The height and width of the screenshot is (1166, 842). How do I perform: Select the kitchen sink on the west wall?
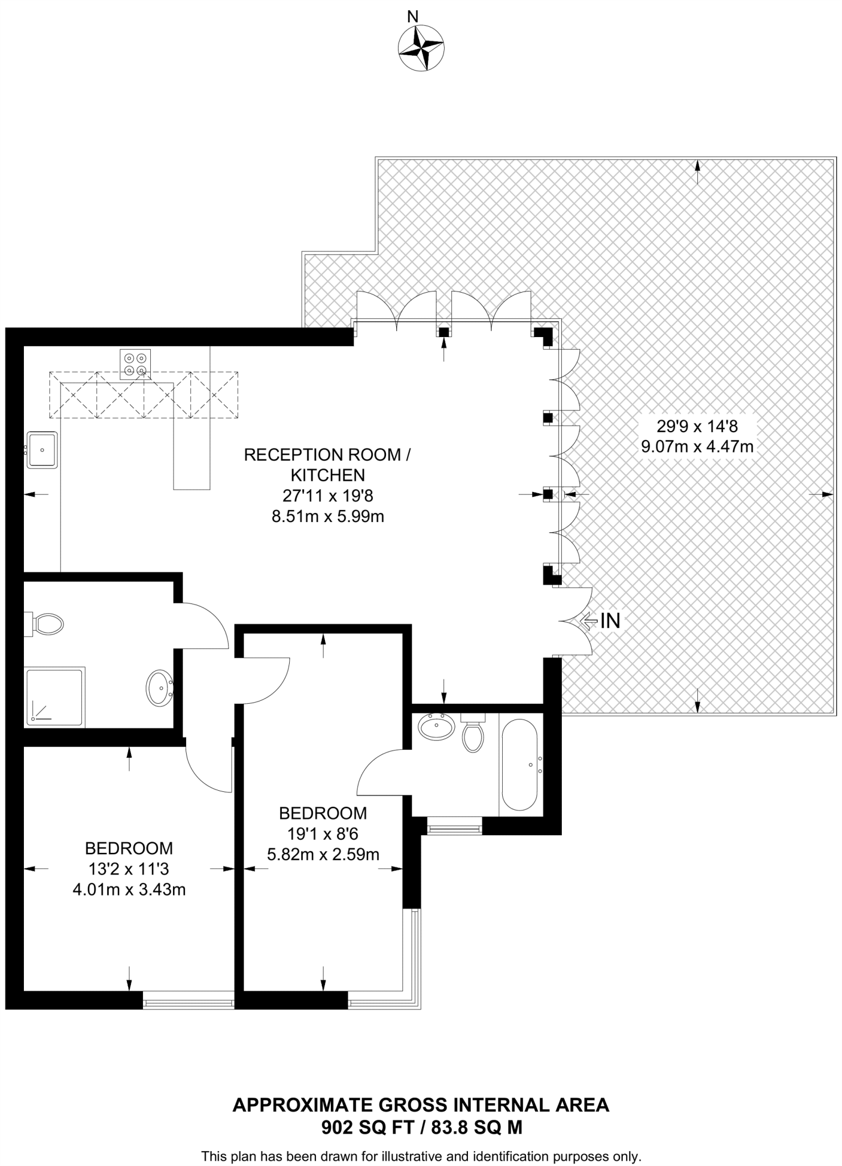coord(42,450)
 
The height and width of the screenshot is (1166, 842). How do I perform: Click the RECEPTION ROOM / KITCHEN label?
coord(327,465)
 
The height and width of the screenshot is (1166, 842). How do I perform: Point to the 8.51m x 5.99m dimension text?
coord(328,516)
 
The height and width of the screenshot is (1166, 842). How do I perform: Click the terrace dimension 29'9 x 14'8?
coord(697,425)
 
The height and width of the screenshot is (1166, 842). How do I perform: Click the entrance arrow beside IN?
coord(589,621)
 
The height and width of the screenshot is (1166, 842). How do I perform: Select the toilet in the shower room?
coord(47,625)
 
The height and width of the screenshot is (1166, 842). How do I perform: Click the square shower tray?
coord(55,697)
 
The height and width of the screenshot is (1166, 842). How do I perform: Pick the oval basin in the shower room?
coord(160,688)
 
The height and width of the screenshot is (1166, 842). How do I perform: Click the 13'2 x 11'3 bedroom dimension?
coord(129,869)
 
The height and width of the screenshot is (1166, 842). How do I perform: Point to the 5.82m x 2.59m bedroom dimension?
coord(323,854)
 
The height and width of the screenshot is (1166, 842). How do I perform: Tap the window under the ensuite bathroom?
coord(454,825)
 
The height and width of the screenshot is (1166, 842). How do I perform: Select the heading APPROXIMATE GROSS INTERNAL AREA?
coord(421,1105)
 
